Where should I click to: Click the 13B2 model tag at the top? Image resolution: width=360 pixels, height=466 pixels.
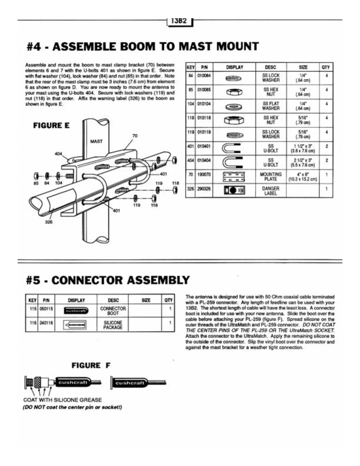179,21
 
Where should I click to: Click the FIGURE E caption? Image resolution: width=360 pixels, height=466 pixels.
51,126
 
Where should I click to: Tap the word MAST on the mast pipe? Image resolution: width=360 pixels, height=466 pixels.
96,142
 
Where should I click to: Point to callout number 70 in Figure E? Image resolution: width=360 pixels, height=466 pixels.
135,136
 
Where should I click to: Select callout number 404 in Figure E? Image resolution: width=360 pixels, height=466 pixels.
59,154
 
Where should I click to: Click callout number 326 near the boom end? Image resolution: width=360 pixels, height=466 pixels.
49,222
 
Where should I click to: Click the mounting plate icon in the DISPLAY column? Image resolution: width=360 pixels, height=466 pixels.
234,177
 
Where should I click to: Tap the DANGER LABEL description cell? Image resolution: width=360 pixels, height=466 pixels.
271,191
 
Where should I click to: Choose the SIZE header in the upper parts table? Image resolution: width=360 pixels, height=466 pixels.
303,67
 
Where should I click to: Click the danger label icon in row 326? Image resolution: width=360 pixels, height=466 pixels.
234,191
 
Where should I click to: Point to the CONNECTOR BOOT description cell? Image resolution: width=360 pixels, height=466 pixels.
113,311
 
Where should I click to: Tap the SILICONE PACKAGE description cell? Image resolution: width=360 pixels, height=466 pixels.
113,325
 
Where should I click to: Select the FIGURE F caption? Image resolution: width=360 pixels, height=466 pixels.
91,366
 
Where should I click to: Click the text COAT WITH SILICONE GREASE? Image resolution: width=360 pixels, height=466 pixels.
62,400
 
